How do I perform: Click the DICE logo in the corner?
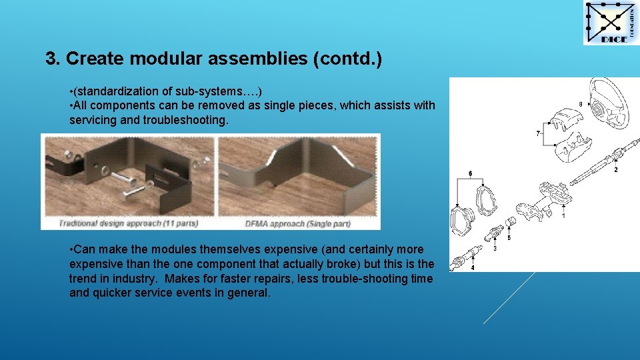[x=610, y=23]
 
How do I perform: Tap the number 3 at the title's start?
[x=51, y=59]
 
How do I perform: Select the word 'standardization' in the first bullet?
[x=114, y=91]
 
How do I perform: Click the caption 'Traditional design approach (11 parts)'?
[x=128, y=223]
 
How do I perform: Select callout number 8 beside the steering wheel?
[x=580, y=104]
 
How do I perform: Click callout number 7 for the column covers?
[x=538, y=134]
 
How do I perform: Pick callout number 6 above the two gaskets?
[x=471, y=174]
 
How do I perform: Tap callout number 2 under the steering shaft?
[x=615, y=170]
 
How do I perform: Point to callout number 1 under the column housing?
[x=563, y=216]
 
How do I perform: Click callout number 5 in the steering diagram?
[x=509, y=237]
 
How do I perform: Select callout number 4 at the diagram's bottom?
[x=473, y=267]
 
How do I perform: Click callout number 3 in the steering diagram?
[x=494, y=249]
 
